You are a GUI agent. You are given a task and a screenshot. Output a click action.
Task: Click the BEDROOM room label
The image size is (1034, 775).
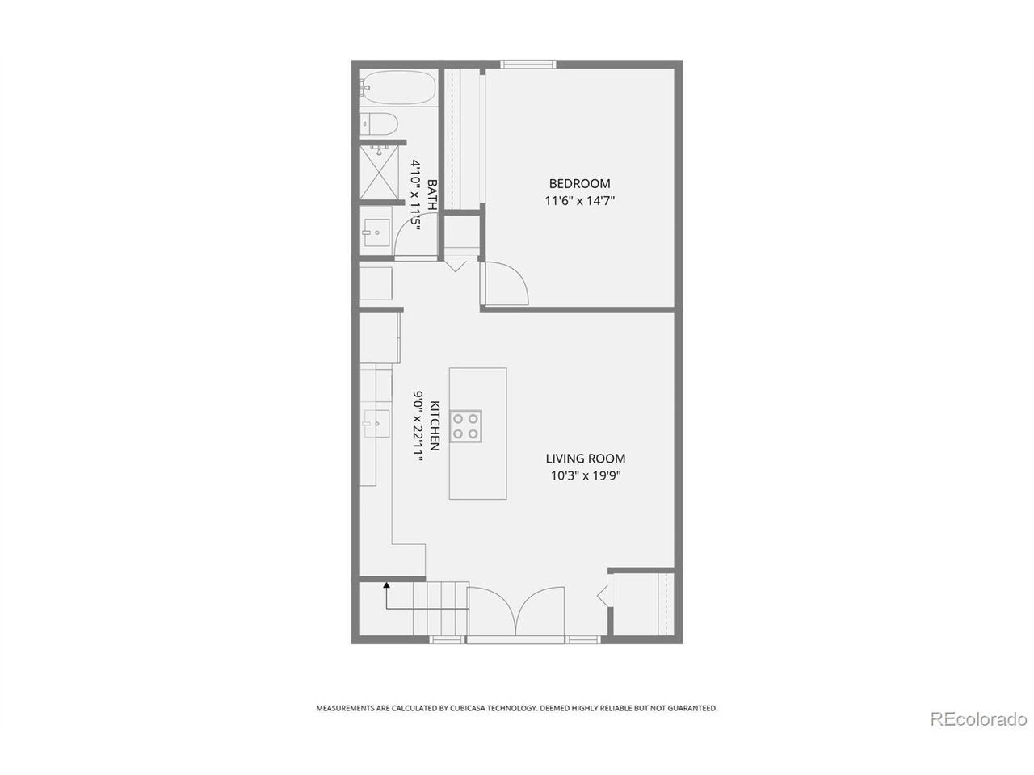[x=579, y=183]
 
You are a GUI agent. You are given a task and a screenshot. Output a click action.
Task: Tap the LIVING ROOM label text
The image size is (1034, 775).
[x=586, y=458]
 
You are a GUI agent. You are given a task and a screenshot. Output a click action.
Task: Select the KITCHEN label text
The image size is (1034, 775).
[x=435, y=425]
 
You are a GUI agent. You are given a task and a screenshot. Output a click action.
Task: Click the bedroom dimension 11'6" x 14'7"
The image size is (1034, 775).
[x=579, y=201]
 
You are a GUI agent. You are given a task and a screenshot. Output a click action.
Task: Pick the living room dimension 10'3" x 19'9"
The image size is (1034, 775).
[x=586, y=475]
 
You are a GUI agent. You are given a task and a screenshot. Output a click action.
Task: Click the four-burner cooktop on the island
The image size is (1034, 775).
[x=465, y=426]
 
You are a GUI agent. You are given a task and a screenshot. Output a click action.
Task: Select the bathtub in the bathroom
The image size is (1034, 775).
[x=397, y=87]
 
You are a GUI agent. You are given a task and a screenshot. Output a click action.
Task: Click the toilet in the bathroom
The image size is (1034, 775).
[x=379, y=124]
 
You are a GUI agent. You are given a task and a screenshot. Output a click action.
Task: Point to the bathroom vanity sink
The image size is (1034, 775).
[x=376, y=232]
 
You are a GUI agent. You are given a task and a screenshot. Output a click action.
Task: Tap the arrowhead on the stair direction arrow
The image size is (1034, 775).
[x=386, y=585]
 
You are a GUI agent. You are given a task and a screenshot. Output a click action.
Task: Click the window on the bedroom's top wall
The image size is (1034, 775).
[x=528, y=65]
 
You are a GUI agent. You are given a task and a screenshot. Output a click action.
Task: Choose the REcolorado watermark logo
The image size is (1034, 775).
[x=978, y=732]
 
